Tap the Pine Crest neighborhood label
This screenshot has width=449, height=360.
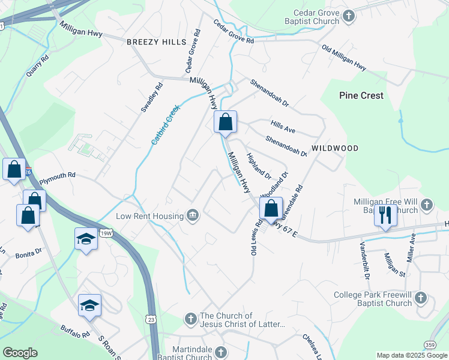pos(361,95)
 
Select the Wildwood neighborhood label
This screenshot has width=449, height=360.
pos(335,148)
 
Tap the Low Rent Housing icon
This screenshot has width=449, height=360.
pos(193,216)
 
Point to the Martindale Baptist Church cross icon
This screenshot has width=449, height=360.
pos(221,351)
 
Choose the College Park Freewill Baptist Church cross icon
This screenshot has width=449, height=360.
pos(420,298)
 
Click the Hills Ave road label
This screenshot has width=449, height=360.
pos(283,127)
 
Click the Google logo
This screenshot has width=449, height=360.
pos(20,353)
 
